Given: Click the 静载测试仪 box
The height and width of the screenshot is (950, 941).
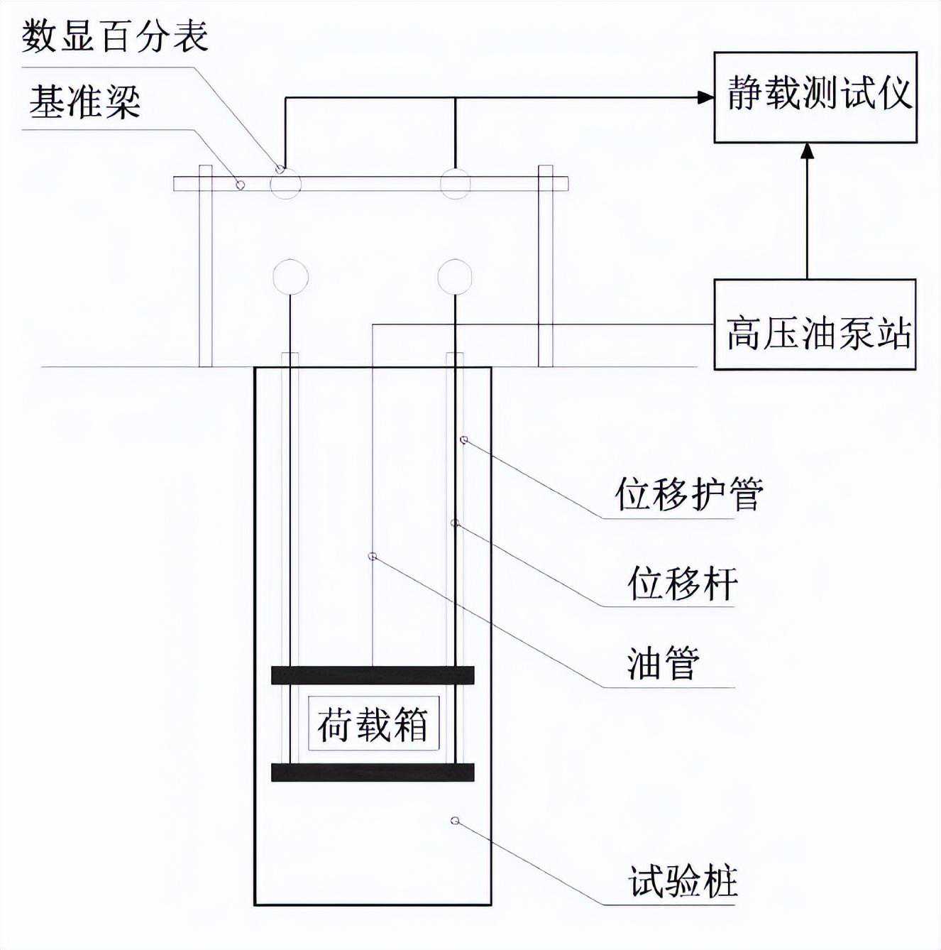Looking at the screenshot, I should click(815, 97).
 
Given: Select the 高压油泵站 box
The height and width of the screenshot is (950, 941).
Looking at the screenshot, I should click(815, 324).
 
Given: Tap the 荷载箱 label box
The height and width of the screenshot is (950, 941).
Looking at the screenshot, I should click(373, 724).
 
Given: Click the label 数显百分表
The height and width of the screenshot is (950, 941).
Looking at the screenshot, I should click(115, 36).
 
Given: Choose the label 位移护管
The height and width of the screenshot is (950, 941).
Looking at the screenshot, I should click(688, 493).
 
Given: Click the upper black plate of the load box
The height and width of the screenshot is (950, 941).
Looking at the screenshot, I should click(373, 675).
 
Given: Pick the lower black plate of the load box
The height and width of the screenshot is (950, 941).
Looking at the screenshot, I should click(373, 772).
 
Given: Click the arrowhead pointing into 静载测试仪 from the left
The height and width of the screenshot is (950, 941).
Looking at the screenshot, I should click(705, 97).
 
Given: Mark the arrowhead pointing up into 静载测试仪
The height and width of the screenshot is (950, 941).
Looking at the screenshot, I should click(807, 151).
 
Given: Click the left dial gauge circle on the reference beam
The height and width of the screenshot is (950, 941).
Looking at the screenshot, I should click(286, 185).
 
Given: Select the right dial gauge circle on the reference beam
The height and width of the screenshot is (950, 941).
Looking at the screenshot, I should click(455, 185).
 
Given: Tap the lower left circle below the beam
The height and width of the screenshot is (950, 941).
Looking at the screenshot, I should click(290, 276).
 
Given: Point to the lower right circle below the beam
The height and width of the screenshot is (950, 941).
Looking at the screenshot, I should click(455, 276).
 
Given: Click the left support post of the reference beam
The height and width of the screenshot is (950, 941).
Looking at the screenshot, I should click(205, 266).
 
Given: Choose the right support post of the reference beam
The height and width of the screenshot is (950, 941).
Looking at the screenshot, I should click(545, 266).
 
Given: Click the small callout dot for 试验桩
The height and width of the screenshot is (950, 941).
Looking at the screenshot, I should click(456, 821).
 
